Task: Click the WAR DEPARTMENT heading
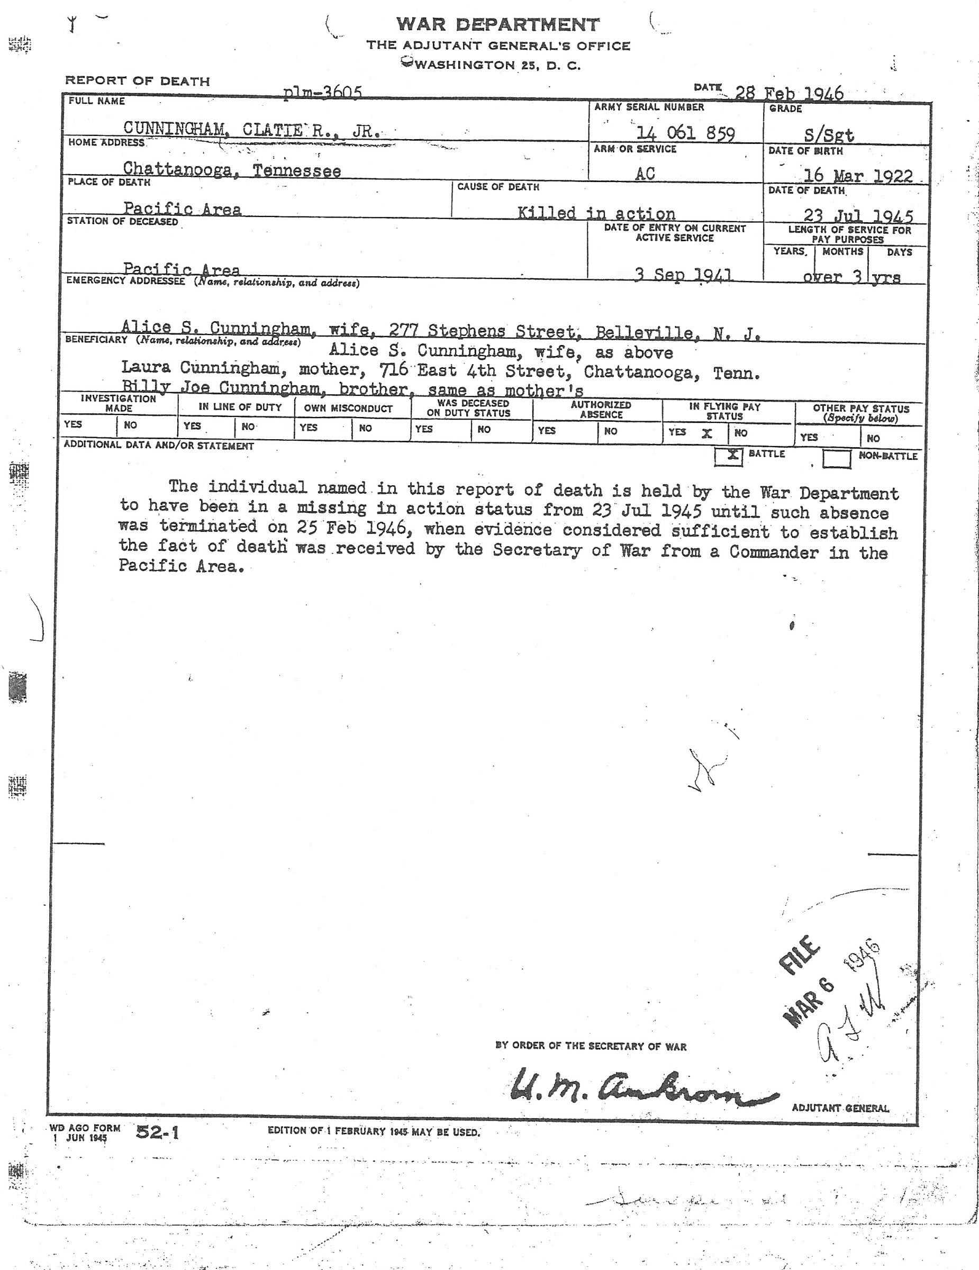(x=497, y=24)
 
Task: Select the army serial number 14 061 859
(x=685, y=133)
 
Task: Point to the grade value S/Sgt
(x=828, y=135)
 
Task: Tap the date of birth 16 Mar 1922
(x=857, y=176)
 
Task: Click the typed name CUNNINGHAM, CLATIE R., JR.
(x=251, y=129)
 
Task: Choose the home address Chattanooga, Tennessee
(x=231, y=170)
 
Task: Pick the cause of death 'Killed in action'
(x=596, y=213)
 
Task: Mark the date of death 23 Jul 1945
(x=858, y=216)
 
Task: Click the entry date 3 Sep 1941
(x=683, y=275)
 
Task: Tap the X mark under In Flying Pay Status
(x=707, y=433)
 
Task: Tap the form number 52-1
(x=158, y=1132)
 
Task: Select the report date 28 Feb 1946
(x=789, y=93)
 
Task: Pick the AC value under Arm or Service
(x=645, y=173)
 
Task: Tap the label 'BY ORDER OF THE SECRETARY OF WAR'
(x=591, y=1046)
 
